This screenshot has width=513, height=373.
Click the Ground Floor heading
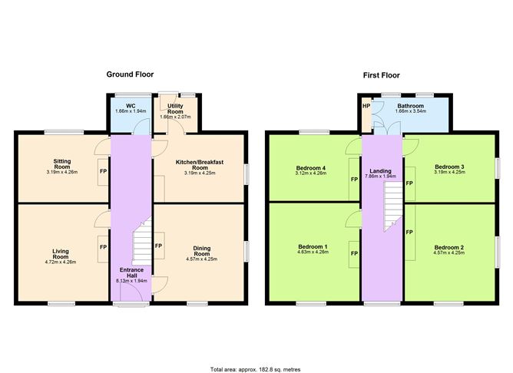click(x=130, y=74)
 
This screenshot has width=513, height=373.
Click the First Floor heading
click(x=381, y=75)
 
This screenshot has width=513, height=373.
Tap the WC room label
click(x=131, y=106)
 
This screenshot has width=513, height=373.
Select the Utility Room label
click(x=175, y=108)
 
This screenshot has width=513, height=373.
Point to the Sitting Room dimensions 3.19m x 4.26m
click(x=62, y=172)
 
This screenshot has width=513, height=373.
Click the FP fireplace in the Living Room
click(x=103, y=247)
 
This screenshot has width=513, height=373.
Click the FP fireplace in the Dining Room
click(x=159, y=246)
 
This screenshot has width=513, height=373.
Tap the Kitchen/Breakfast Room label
click(x=200, y=165)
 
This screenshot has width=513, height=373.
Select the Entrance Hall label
click(x=131, y=272)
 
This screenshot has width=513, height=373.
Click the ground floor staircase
click(x=141, y=242)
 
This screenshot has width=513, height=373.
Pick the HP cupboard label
click(x=366, y=106)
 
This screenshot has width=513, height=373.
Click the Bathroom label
click(x=411, y=106)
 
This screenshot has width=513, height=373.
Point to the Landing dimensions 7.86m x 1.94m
click(x=380, y=177)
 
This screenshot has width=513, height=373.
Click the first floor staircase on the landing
click(x=393, y=206)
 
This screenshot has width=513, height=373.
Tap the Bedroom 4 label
click(x=311, y=168)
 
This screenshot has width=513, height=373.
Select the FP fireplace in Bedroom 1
click(x=354, y=254)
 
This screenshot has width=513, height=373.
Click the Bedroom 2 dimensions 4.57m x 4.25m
click(x=448, y=253)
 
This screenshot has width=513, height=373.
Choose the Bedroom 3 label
click(x=449, y=167)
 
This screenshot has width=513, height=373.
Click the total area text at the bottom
click(x=256, y=370)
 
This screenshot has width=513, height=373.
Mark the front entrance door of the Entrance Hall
click(x=131, y=292)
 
